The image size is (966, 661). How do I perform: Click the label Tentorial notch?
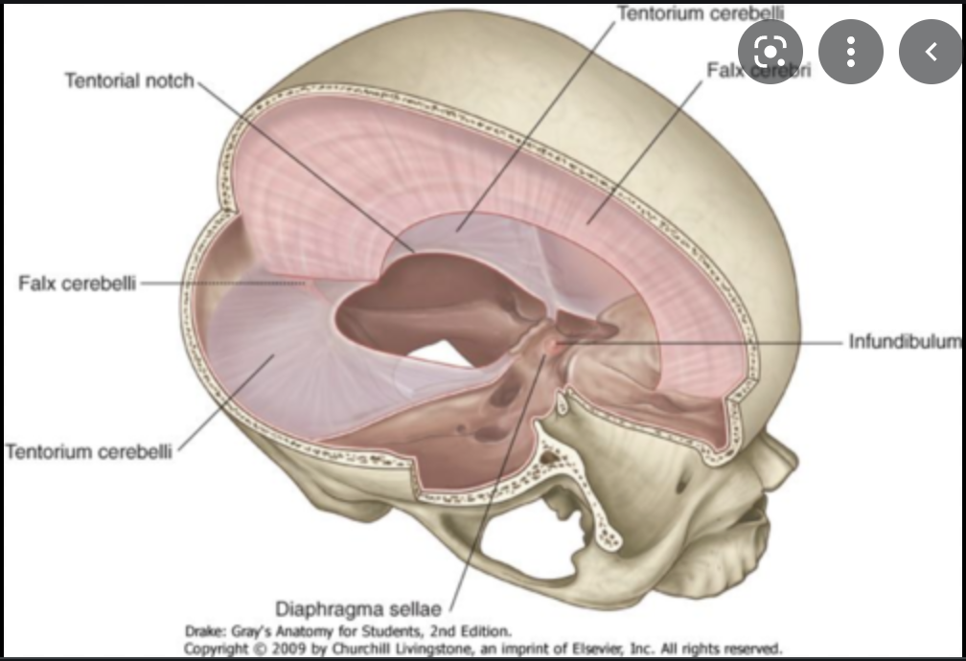128,80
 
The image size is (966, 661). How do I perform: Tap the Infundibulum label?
904,341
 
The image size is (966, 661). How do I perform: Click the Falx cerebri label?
757,70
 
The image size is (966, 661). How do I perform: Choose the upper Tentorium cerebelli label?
701,12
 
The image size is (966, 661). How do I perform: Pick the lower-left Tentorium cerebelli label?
89,450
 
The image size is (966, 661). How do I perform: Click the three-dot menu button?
849,51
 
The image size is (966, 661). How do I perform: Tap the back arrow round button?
930,51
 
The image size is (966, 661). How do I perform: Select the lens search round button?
770,51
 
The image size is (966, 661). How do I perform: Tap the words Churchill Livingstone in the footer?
368,649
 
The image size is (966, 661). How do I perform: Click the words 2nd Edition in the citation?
468,631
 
